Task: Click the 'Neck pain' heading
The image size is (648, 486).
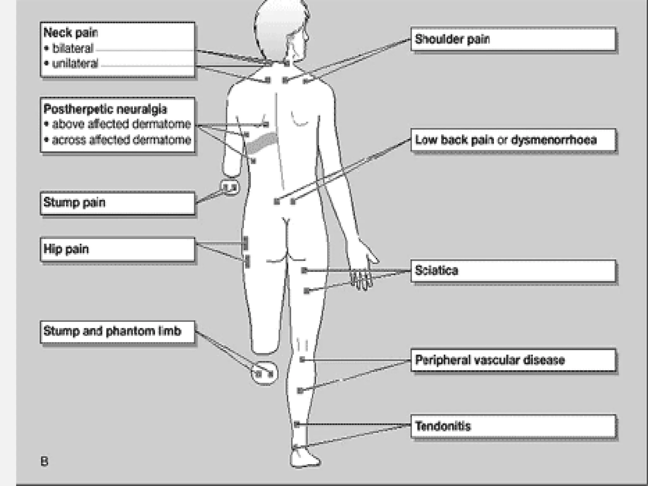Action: tap(71, 33)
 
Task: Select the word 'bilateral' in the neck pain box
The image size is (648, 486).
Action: tap(73, 48)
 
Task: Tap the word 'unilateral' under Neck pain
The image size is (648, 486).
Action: tap(75, 64)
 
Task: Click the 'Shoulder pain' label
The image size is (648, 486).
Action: tap(452, 39)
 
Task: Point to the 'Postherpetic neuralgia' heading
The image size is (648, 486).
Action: tap(105, 109)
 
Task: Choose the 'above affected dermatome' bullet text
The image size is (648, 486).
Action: tap(121, 124)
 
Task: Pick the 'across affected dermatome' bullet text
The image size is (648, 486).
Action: tap(121, 140)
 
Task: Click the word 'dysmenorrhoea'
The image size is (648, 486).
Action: tap(554, 140)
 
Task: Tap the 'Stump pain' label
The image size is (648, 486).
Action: tap(74, 202)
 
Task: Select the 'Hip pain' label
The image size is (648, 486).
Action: tap(66, 249)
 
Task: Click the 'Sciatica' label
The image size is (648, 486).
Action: tap(436, 271)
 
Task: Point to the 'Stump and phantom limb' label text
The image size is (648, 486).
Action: tap(112, 331)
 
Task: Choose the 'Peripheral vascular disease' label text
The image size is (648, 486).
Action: tap(490, 360)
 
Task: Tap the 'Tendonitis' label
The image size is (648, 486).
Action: tap(443, 426)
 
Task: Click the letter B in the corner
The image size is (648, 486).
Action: tap(45, 462)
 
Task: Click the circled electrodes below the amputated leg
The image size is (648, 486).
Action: tap(265, 374)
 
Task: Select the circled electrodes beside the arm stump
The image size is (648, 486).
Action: tap(230, 188)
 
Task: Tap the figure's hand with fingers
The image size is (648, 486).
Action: tap(362, 277)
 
